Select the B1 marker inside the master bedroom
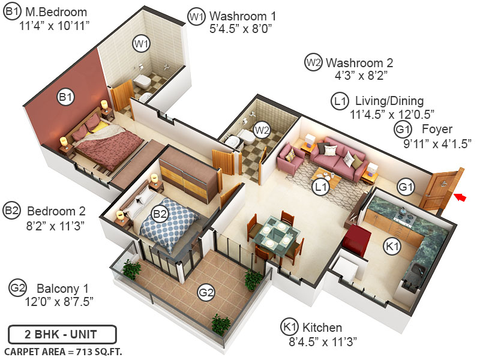pyautogui.click(x=65, y=97)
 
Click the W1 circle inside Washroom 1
pyautogui.click(x=141, y=44)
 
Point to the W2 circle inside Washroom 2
pyautogui.click(x=260, y=129)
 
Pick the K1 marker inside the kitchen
pyautogui.click(x=392, y=246)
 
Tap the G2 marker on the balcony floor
pyautogui.click(x=206, y=293)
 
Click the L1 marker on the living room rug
pyautogui.click(x=321, y=187)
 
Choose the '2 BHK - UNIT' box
pyautogui.click(x=62, y=334)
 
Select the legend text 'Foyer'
pyautogui.click(x=437, y=129)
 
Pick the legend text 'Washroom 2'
pyautogui.click(x=359, y=62)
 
